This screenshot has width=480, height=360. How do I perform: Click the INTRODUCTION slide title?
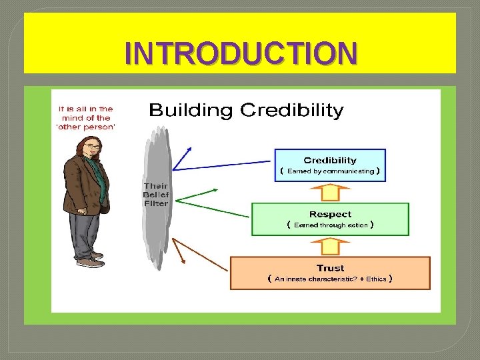click(240, 53)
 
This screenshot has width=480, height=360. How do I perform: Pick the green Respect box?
click(330, 219)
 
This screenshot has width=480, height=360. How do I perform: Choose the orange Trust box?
click(330, 273)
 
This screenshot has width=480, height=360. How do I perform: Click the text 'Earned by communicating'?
click(331, 171)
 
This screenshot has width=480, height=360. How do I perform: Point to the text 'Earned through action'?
click(331, 225)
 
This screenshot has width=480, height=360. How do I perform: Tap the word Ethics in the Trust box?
click(376, 279)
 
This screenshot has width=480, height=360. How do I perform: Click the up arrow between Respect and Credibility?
click(331, 192)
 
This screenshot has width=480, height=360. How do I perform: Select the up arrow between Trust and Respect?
click(331, 246)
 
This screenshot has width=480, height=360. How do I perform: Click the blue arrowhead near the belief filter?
click(189, 150)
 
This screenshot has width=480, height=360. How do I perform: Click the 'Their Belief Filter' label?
click(155, 194)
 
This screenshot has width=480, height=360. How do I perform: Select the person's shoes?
click(91, 260)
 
